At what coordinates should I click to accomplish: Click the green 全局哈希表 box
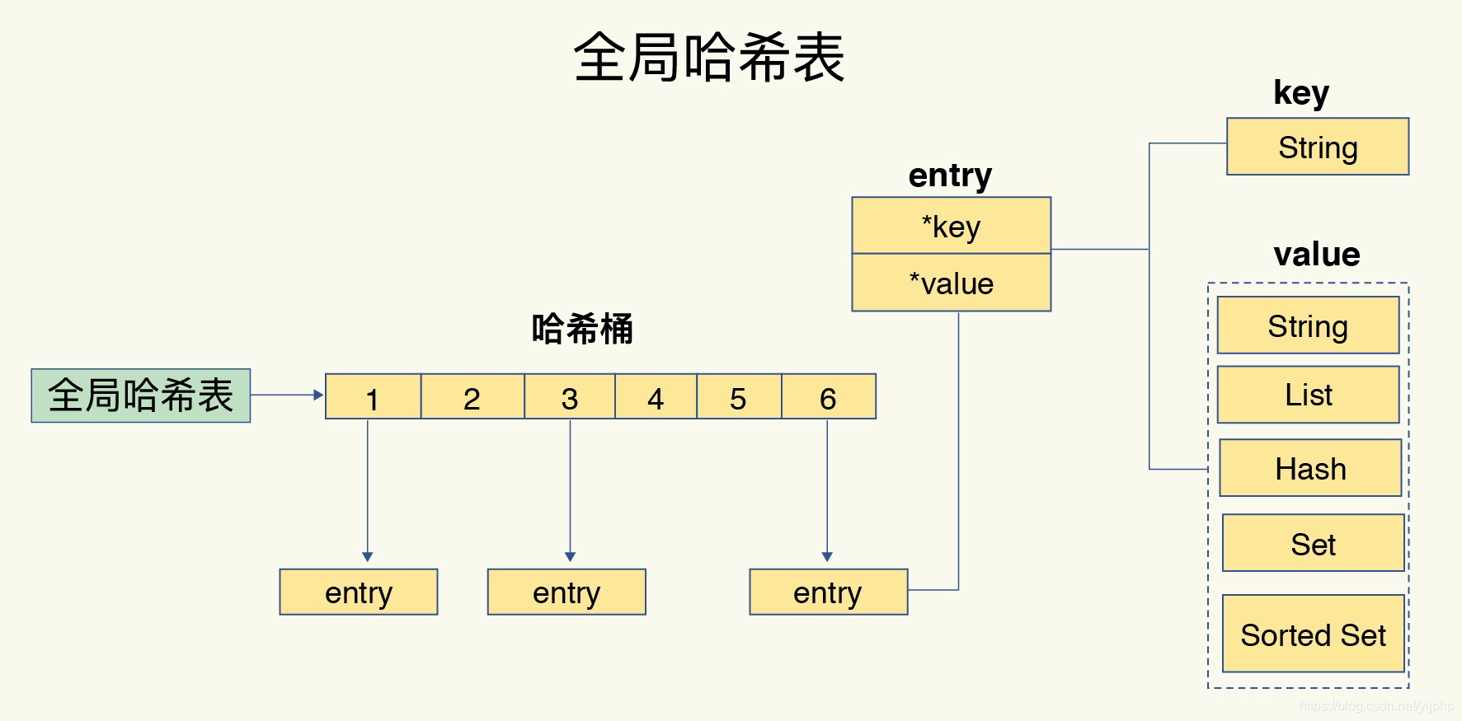tap(140, 396)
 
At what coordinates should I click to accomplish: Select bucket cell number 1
tap(373, 397)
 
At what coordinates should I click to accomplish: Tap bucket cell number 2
tap(472, 397)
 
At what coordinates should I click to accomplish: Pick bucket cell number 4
tap(656, 397)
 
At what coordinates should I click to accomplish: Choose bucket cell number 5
tap(738, 397)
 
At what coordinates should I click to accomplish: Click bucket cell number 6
tap(828, 397)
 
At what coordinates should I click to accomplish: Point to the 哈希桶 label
tap(582, 329)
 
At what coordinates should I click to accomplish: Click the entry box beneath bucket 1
tap(358, 592)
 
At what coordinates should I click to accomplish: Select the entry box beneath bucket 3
tap(566, 592)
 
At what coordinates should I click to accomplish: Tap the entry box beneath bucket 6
tap(828, 592)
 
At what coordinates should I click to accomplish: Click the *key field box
tap(951, 226)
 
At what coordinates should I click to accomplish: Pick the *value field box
tap(951, 283)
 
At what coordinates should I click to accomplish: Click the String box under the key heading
tap(1317, 147)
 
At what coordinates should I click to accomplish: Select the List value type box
tap(1308, 395)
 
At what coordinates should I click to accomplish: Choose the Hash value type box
tap(1310, 468)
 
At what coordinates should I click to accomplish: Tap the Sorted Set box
tap(1313, 634)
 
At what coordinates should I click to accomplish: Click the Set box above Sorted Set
tap(1313, 543)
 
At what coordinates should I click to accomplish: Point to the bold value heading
tap(1316, 254)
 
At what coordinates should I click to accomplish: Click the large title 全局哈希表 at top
tap(709, 58)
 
